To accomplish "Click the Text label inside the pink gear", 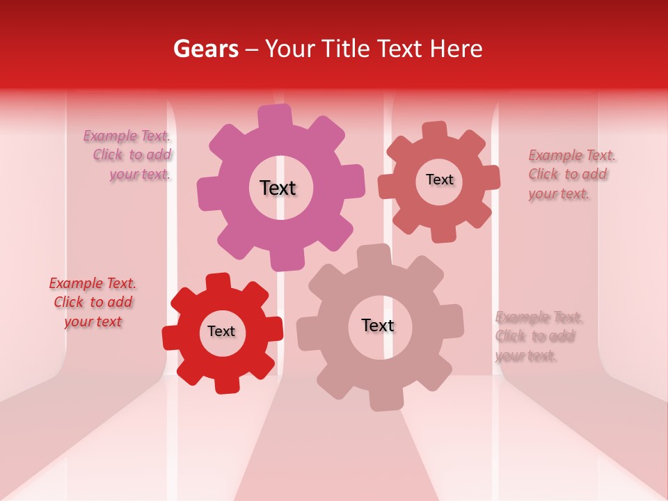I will pyautogui.click(x=278, y=188).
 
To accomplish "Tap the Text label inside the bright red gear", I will pyautogui.click(x=221, y=331).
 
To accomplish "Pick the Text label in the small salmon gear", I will pyautogui.click(x=439, y=180).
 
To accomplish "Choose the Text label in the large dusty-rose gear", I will pyautogui.click(x=378, y=325).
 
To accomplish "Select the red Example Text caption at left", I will pyautogui.click(x=93, y=302).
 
